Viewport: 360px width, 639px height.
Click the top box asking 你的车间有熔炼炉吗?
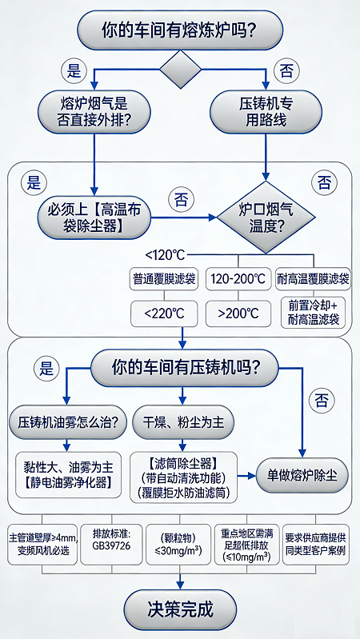pyautogui.click(x=180, y=30)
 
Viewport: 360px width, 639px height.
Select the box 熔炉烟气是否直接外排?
pyautogui.click(x=94, y=111)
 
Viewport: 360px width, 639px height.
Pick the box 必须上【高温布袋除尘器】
pyautogui.click(x=94, y=218)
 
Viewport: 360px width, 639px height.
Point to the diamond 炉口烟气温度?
pyautogui.click(x=266, y=218)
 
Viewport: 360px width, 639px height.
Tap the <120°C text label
pyautogui.click(x=165, y=255)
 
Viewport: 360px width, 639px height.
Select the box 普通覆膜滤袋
pyautogui.click(x=164, y=280)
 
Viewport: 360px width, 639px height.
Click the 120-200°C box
pyautogui.click(x=238, y=280)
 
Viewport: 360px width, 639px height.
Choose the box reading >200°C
pyautogui.click(x=238, y=312)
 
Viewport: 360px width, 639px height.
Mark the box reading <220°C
pyautogui.click(x=164, y=312)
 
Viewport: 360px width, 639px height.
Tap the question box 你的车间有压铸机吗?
pyautogui.click(x=185, y=369)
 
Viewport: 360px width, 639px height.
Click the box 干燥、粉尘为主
pyautogui.click(x=183, y=421)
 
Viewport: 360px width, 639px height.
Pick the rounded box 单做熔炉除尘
pyautogui.click(x=302, y=475)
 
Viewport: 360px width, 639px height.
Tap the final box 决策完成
pyautogui.click(x=180, y=609)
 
